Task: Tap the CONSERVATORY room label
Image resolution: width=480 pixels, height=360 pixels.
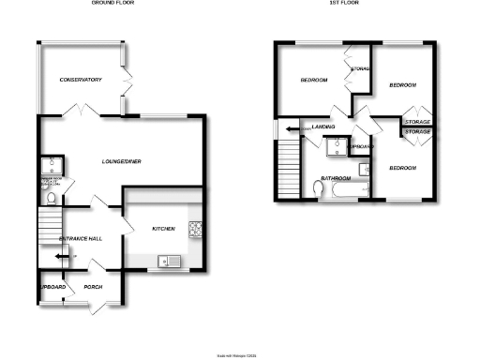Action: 80,80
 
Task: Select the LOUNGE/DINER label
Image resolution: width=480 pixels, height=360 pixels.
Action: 122,162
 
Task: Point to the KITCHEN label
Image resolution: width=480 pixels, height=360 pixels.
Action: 166,227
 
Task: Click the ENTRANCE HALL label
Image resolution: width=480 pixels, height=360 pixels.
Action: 80,239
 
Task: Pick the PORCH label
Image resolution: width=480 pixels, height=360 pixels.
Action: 92,287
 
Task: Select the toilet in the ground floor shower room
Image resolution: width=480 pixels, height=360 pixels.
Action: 45,194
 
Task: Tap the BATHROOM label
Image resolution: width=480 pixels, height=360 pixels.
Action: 335,177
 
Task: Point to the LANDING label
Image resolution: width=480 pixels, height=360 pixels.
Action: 325,127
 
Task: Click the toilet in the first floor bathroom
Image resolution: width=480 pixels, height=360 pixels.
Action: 319,189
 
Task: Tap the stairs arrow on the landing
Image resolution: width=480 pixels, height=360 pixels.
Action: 292,128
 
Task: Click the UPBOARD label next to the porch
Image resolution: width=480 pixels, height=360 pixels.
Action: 52,287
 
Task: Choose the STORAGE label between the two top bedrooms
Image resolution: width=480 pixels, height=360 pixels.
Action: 360,68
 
